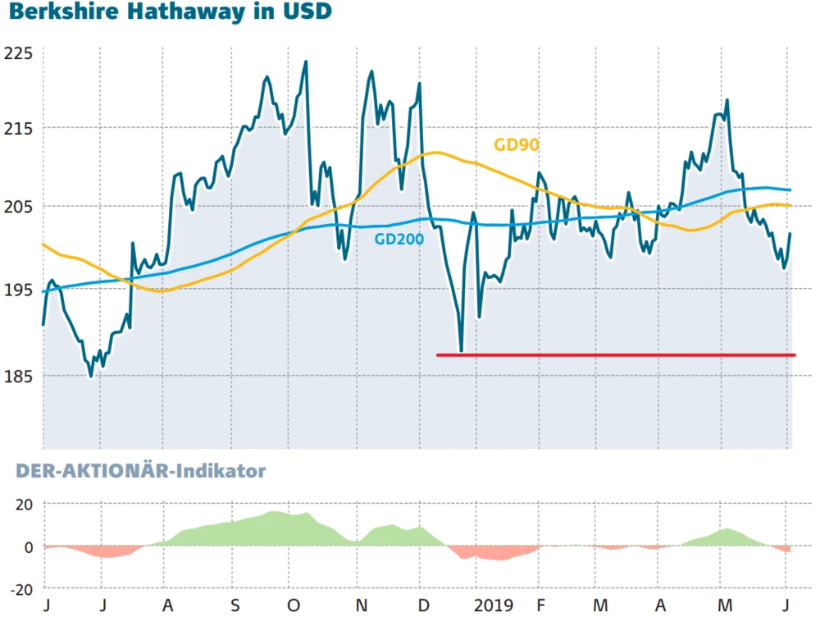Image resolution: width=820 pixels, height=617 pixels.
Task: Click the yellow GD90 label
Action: pyautogui.click(x=516, y=145)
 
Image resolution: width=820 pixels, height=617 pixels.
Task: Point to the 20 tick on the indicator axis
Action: pyautogui.click(x=24, y=504)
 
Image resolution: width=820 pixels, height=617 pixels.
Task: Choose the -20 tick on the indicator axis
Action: pyautogui.click(x=21, y=589)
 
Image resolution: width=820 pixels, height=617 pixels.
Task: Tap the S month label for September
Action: pyautogui.click(x=235, y=606)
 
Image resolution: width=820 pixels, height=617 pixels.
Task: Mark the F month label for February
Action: pyautogui.click(x=539, y=606)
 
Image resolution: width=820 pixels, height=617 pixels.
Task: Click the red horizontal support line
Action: pyautogui.click(x=615, y=355)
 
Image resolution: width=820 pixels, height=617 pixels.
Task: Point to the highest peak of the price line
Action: pyautogui.click(x=306, y=62)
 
